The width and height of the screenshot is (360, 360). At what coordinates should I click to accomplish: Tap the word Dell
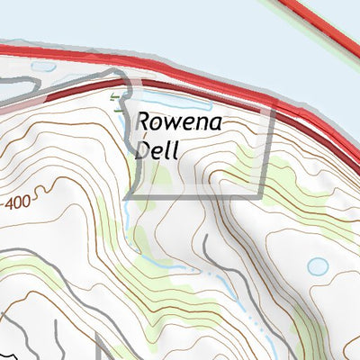(157, 148)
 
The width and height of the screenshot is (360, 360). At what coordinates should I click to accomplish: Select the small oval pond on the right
(318, 266)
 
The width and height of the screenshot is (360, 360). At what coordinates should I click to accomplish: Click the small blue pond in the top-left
(42, 66)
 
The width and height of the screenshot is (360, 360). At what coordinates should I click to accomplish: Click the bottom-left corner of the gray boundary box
(128, 195)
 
